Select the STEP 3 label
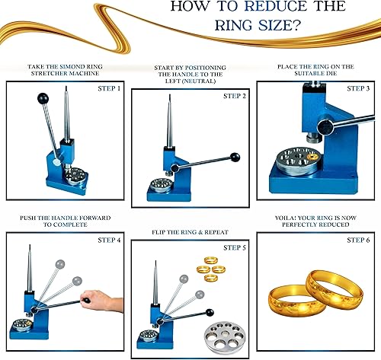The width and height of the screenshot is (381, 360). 354,89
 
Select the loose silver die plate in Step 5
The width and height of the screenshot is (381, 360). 221,328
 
